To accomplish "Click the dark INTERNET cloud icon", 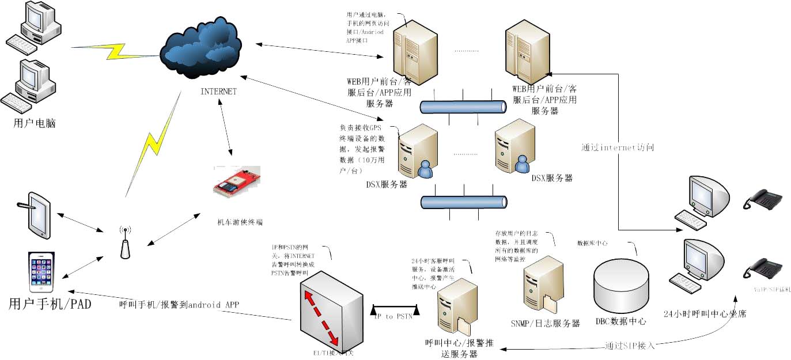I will pos(200,49).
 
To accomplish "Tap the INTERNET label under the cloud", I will pos(218,92).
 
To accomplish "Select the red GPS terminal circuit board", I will pos(237,183).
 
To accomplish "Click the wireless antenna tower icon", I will pos(123,242).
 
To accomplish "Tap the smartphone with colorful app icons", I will pos(43,272).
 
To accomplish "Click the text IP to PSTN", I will pos(393,316).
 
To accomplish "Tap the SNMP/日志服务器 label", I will pos(545,324).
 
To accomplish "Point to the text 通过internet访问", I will pos(618,148).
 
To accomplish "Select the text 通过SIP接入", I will pos(629,346).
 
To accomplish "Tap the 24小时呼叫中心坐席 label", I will pos(706,314).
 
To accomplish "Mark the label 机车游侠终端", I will pos(240,222).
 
